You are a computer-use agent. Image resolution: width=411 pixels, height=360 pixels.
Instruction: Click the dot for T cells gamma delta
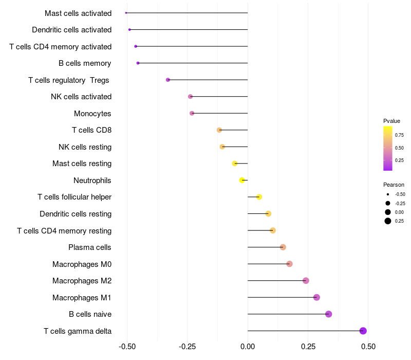(x=363, y=331)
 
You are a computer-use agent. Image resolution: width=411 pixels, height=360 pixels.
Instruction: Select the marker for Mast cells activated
(x=126, y=13)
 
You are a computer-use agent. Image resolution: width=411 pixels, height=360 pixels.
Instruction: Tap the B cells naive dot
(x=329, y=314)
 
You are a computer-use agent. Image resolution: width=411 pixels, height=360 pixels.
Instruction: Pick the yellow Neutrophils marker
(x=242, y=180)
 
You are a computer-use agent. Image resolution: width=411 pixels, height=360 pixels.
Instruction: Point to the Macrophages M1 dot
(x=316, y=297)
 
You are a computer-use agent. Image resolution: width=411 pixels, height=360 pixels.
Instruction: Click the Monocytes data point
(x=192, y=113)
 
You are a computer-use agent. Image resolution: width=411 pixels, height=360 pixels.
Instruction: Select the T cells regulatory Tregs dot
(x=168, y=80)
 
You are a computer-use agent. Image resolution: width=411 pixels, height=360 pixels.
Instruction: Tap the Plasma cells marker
(x=283, y=247)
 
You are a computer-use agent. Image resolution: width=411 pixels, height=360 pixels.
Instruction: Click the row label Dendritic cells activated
(x=71, y=30)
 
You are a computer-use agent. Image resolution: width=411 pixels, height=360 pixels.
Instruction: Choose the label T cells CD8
(x=91, y=130)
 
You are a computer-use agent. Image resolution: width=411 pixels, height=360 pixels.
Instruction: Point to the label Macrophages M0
(x=82, y=264)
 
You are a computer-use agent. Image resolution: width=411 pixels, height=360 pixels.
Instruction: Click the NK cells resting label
(x=85, y=147)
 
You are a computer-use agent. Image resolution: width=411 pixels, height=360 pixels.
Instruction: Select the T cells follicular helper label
(x=74, y=197)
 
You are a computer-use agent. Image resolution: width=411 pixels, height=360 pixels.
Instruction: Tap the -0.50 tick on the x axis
(x=127, y=347)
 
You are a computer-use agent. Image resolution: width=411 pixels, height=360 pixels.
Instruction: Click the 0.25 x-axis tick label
(x=308, y=347)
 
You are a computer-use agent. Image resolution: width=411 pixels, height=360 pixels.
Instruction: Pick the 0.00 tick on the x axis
(x=248, y=347)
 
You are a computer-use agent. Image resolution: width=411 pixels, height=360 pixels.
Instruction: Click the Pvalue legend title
(x=391, y=121)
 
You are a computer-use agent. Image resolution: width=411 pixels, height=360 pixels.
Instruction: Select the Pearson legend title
(x=394, y=185)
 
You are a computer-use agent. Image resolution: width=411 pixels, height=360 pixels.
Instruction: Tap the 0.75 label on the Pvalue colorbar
(x=399, y=135)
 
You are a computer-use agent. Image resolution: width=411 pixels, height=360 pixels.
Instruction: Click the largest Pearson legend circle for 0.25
(x=387, y=221)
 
